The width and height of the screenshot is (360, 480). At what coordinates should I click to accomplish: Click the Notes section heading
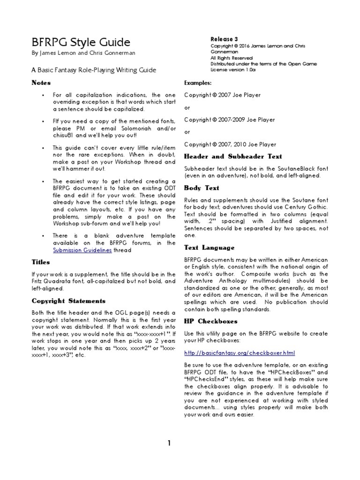tap(41, 82)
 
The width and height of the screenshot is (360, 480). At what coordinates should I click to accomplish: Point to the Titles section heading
tap(40, 262)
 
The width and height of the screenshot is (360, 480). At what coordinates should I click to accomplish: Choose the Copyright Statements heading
tap(68, 301)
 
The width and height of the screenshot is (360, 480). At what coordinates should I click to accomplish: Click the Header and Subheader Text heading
tap(233, 156)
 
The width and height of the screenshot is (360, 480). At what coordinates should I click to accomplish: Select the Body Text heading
tap(202, 187)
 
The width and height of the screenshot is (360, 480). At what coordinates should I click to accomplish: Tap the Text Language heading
tap(210, 247)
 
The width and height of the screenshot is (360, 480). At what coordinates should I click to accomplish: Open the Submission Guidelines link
tap(82, 250)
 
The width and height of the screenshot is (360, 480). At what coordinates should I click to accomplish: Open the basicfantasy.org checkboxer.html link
tap(240, 352)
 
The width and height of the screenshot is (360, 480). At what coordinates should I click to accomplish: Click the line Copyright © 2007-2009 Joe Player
tap(229, 120)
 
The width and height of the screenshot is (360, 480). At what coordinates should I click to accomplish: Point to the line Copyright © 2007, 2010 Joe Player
tap(230, 144)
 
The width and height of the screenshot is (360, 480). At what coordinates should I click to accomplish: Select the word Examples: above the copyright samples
tap(197, 82)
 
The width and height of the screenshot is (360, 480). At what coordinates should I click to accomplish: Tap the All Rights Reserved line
tap(231, 57)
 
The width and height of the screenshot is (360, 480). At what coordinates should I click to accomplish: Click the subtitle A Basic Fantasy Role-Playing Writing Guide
tap(94, 70)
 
